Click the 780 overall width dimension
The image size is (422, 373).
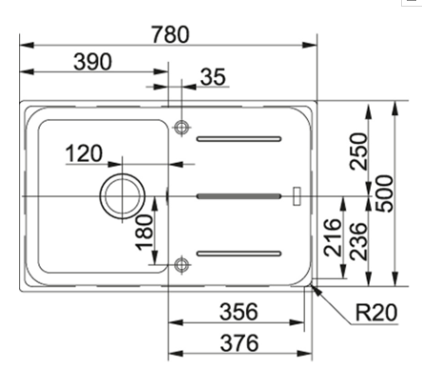pyautogui.click(x=170, y=34)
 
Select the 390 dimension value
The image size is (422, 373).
pyautogui.click(x=92, y=62)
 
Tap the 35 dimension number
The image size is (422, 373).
pyautogui.click(x=213, y=77)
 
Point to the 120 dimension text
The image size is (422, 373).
pyautogui.click(x=84, y=153)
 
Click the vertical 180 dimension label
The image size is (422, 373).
pyautogui.click(x=144, y=232)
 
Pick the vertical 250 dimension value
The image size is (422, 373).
pyautogui.click(x=358, y=151)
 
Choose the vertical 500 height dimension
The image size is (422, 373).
pyautogui.click(x=384, y=193)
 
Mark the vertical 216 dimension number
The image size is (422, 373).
pyautogui.click(x=333, y=238)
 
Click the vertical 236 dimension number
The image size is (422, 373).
pyautogui.click(x=358, y=242)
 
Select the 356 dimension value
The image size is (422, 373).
pyautogui.click(x=239, y=312)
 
